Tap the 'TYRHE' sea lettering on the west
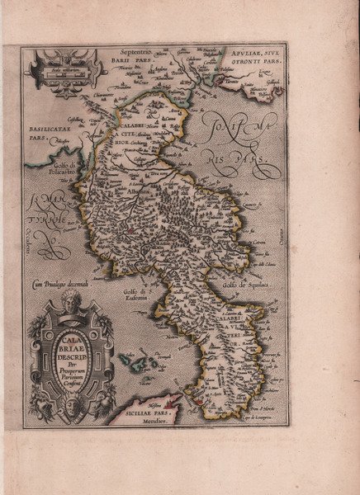[47, 220]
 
